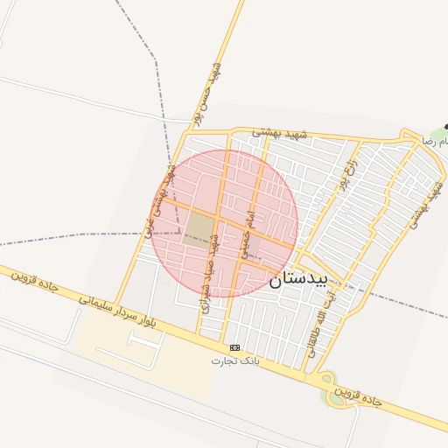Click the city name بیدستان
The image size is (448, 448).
coord(298,278)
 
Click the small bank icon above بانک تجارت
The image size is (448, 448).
coord(234,347)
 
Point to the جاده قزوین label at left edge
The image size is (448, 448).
coord(34,285)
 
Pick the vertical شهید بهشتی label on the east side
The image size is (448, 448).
coord(423,200)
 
